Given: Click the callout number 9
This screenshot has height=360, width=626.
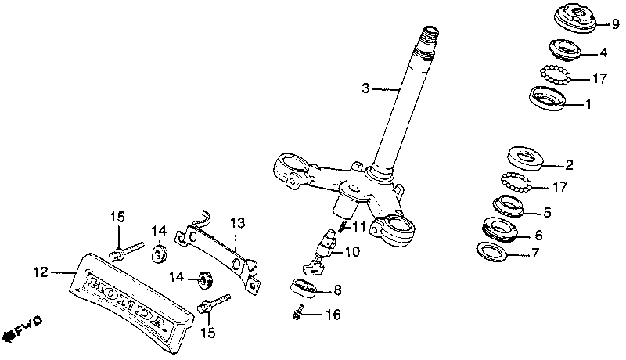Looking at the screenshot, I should click(x=614, y=24).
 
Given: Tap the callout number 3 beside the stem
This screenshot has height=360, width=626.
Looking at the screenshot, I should click(x=365, y=88).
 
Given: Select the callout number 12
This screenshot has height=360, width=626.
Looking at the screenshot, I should click(x=41, y=272).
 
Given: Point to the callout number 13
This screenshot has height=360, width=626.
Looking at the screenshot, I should click(x=236, y=223).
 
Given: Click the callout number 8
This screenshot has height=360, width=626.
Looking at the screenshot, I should click(x=337, y=290).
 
